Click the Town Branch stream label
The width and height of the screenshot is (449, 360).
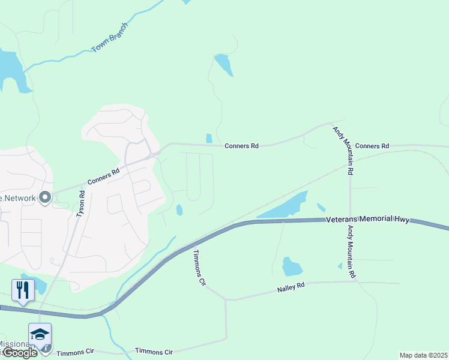(110, 38)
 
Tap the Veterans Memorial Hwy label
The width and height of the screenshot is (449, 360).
(368, 220)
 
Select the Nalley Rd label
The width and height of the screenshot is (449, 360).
(291, 288)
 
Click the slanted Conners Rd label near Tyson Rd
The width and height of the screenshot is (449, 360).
(104, 175)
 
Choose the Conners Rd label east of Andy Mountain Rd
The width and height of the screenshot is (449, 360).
(372, 146)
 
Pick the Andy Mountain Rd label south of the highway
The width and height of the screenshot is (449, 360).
(351, 248)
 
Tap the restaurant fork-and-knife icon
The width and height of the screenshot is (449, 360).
(23, 290)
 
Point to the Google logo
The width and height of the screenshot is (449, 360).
(20, 353)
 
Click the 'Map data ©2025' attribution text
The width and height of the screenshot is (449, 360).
(423, 355)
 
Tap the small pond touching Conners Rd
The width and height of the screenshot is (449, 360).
(209, 139)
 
